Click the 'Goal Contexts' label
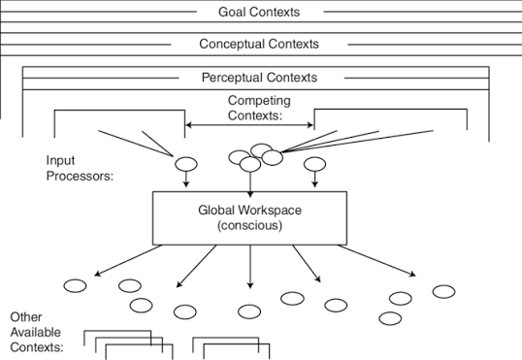[x=259, y=12]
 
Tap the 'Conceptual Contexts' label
[x=259, y=44]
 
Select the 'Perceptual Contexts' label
[x=259, y=78]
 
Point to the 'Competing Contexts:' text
[x=259, y=108]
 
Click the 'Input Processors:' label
[x=80, y=168]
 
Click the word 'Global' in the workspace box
[x=216, y=211]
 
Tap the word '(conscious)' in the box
[x=249, y=225]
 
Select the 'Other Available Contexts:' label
[x=37, y=332]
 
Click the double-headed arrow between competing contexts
[x=249, y=125]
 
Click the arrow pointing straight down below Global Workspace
[x=250, y=267]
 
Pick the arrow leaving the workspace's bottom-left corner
[x=128, y=260]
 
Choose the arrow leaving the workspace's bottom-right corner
[x=376, y=261]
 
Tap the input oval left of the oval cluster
[x=186, y=164]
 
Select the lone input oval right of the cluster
[x=315, y=164]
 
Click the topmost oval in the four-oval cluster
[x=262, y=150]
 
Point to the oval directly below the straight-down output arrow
[x=249, y=311]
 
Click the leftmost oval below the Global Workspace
[x=75, y=285]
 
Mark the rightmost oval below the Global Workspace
[x=443, y=292]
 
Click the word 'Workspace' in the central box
[x=271, y=211]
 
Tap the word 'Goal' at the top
[x=232, y=12]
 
